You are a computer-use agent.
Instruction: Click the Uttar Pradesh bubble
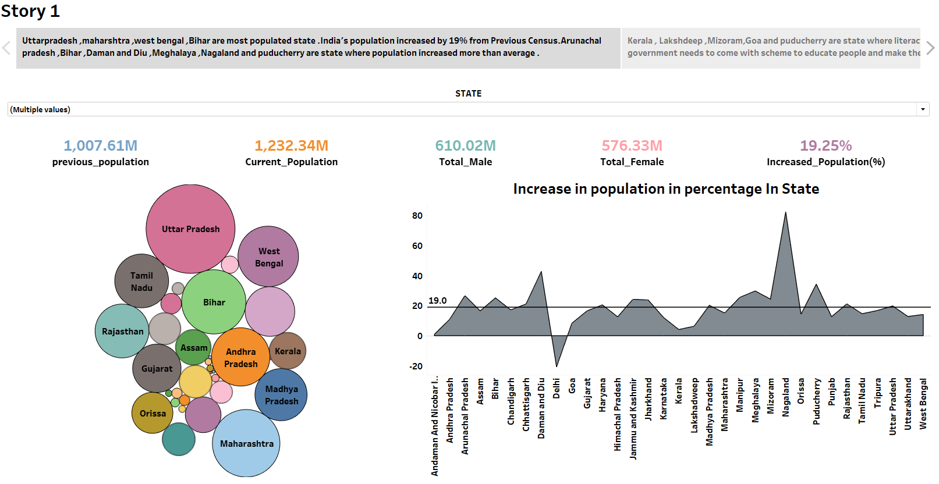coord(190,229)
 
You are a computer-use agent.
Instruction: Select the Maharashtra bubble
coord(246,443)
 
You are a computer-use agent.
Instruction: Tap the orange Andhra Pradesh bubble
coord(240,357)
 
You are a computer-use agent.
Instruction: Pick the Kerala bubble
coord(288,351)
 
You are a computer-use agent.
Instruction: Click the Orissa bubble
coord(153,413)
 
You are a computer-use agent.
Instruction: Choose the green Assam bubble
coord(193,347)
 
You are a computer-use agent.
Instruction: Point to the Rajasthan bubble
coord(122,331)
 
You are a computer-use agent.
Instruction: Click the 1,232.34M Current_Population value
coord(291,145)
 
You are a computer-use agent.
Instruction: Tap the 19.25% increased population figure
coord(825,145)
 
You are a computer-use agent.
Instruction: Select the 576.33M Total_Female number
coord(632,145)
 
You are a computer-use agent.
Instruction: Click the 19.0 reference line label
coord(437,301)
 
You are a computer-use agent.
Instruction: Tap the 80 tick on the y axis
coord(417,216)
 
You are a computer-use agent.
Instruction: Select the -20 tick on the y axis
coord(416,366)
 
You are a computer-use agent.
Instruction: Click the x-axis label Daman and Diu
coord(541,408)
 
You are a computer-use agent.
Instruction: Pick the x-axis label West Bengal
coord(923,404)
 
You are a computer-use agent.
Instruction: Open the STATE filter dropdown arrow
coord(923,109)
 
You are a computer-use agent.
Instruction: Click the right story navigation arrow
coord(930,48)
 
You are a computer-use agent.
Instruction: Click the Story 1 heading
coord(30,11)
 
